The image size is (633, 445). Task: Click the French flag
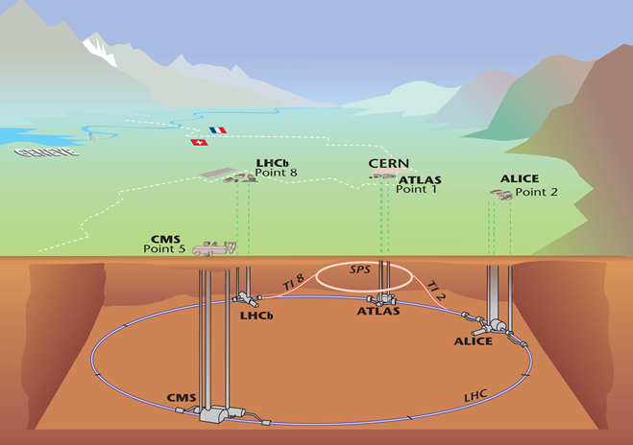coord(217,130)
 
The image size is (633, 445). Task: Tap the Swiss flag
coord(199,143)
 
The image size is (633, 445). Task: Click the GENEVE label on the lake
coord(36,152)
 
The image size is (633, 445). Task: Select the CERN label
coord(388,164)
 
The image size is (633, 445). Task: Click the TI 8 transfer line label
coord(293,282)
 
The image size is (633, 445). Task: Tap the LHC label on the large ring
coord(477,394)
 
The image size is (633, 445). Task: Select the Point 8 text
coord(277,175)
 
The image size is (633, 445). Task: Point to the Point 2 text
coord(536,192)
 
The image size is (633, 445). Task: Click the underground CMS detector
coord(213,413)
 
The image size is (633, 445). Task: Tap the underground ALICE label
coord(474,341)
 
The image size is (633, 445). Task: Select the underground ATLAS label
coord(378,311)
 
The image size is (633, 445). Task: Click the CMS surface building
coord(213,249)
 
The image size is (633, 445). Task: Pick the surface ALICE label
coord(520,179)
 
